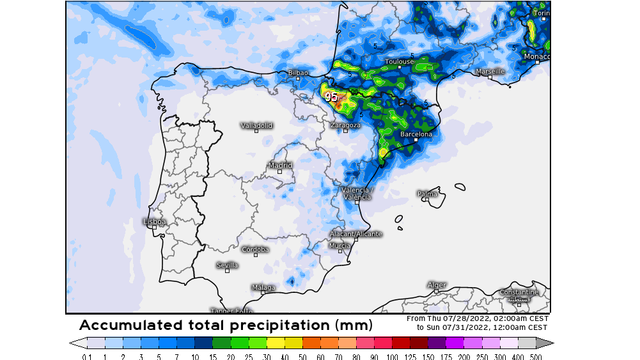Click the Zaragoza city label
tap(345, 125)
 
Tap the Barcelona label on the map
tap(416, 134)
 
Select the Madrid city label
tap(280, 166)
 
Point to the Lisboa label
tap(154, 222)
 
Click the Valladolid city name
tap(256, 125)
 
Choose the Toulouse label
tap(399, 61)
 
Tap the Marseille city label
tap(490, 71)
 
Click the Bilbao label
tap(298, 73)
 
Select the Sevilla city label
tap(227, 265)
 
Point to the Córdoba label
tap(255, 249)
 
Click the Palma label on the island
tap(427, 194)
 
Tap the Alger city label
tap(436, 285)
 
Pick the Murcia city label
tap(340, 246)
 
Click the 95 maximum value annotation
tap(331, 97)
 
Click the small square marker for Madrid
tap(279, 171)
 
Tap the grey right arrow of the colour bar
tap(549, 343)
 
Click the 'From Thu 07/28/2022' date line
tap(477, 318)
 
